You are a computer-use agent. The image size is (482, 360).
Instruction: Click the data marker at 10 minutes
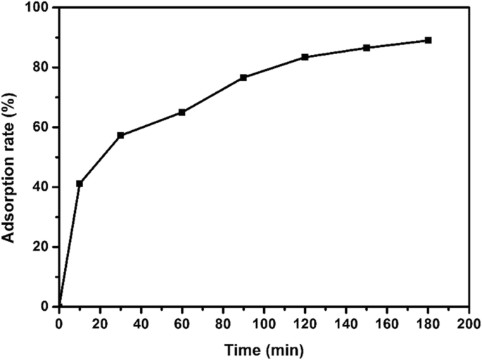point(80,184)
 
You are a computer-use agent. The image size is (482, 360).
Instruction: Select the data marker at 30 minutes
point(120,135)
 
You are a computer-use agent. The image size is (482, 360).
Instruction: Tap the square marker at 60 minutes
point(182,112)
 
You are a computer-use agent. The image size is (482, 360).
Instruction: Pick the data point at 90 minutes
point(243,77)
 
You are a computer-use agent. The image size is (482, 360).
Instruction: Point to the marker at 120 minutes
point(305,57)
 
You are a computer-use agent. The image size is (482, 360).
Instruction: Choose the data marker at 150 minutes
point(367,48)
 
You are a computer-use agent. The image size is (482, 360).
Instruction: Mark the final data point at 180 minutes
point(428,40)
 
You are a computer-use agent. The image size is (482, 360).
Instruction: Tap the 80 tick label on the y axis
point(44,67)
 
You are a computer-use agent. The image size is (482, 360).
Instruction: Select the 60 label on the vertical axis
point(44,127)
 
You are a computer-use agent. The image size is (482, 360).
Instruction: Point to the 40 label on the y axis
point(44,187)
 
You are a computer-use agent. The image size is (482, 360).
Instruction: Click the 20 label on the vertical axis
point(44,247)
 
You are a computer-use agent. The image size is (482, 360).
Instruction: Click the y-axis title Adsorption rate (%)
point(10,157)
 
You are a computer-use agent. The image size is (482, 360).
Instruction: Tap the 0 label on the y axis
point(47,307)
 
